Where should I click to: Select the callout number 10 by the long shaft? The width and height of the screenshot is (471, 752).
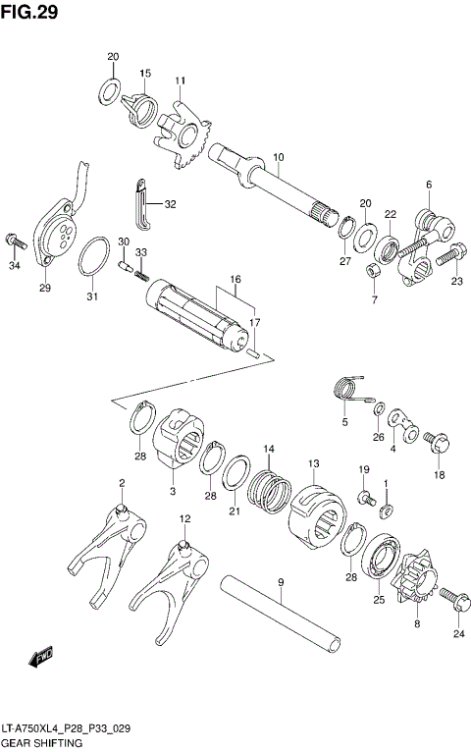[279, 157]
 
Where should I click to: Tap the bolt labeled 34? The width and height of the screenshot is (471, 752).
[15, 240]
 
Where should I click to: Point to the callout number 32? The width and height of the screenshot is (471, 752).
[170, 204]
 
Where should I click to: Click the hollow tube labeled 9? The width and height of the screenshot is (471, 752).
[281, 619]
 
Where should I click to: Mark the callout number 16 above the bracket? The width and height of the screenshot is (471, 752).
[235, 280]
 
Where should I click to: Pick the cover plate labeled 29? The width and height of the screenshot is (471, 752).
[58, 236]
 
